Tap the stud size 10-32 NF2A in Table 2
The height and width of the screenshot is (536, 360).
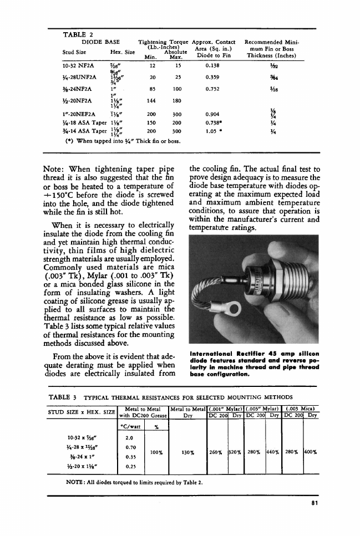(79, 65)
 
